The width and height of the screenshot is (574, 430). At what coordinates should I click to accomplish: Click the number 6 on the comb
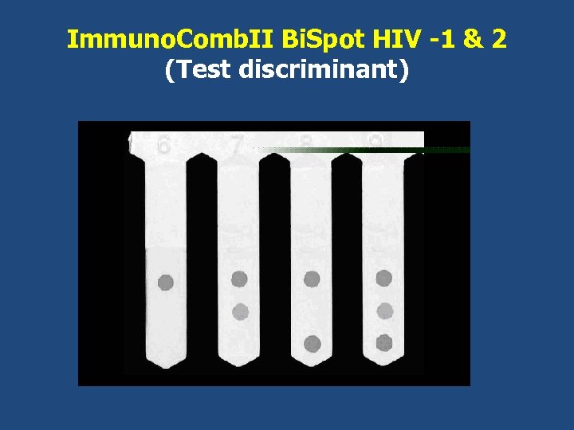click(x=163, y=145)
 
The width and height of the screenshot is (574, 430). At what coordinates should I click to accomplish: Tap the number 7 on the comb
click(x=237, y=145)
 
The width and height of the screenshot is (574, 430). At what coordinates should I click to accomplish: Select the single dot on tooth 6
click(x=166, y=282)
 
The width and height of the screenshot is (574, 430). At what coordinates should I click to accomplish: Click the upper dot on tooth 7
click(x=239, y=279)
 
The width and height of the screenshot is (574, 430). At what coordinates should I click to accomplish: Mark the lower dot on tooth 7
click(x=240, y=311)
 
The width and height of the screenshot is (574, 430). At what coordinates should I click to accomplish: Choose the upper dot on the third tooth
click(x=312, y=279)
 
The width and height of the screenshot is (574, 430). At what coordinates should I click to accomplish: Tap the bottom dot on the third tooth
click(x=313, y=343)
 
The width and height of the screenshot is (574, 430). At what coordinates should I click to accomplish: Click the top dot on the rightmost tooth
click(x=384, y=278)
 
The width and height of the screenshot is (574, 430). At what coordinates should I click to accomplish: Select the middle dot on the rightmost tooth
click(x=385, y=311)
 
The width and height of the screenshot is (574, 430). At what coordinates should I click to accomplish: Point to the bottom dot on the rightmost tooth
click(x=384, y=343)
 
